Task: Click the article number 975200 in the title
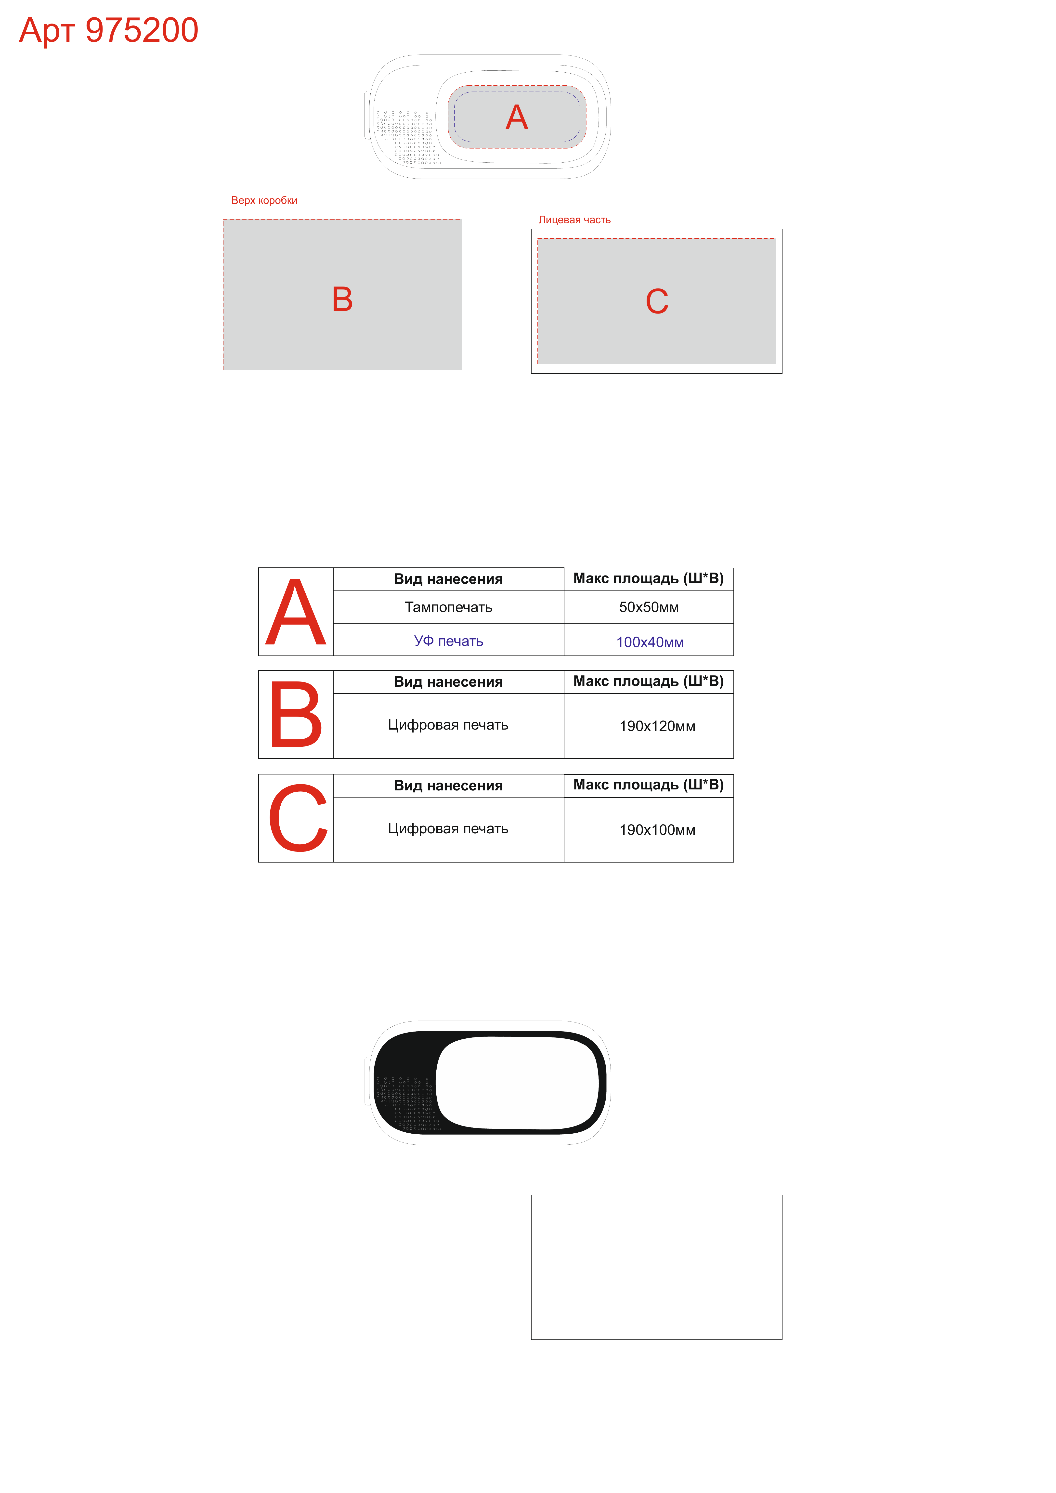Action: click(142, 30)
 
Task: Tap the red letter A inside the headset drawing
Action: click(517, 118)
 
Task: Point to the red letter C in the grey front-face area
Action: click(657, 301)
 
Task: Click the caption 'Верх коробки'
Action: click(264, 200)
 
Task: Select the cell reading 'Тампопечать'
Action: click(449, 607)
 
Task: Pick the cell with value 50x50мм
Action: click(649, 607)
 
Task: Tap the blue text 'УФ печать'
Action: click(449, 641)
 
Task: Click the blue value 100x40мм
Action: click(650, 642)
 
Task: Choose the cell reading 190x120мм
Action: click(657, 726)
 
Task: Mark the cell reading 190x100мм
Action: click(657, 830)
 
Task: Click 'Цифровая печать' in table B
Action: click(448, 725)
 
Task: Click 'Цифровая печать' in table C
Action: click(448, 828)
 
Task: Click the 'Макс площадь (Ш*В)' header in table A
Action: click(648, 579)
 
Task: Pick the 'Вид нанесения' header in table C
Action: click(449, 786)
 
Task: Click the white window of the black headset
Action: click(517, 1083)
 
